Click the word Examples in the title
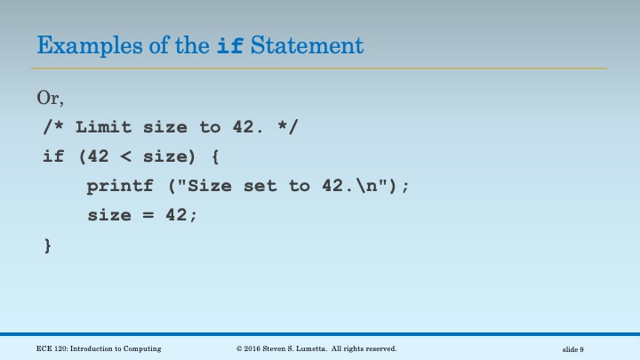click(x=82, y=44)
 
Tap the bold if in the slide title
click(x=229, y=44)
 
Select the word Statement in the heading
click(x=307, y=44)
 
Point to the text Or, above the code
click(x=49, y=97)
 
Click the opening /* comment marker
click(x=54, y=127)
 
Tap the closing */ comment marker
click(x=290, y=127)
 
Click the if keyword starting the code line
click(x=54, y=156)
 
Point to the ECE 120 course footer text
click(x=99, y=348)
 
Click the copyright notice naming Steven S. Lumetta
click(x=316, y=348)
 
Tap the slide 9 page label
click(x=573, y=348)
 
